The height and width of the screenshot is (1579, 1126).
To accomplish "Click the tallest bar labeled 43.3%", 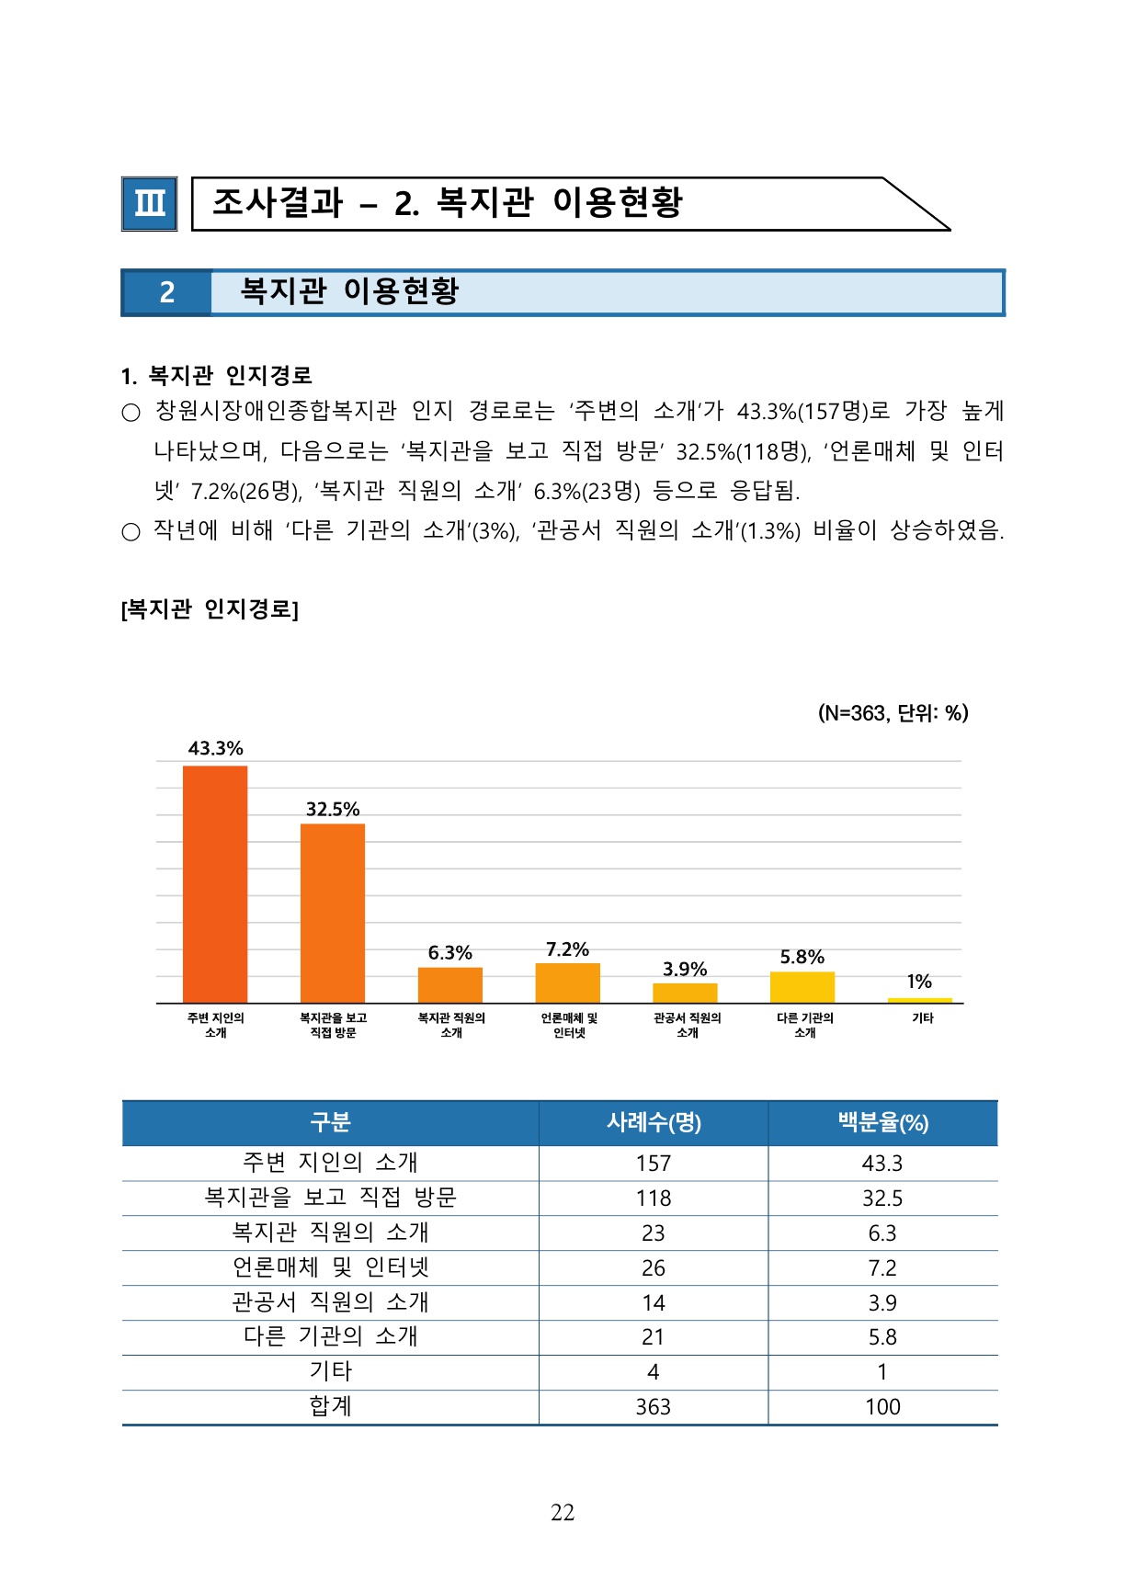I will click(215, 883).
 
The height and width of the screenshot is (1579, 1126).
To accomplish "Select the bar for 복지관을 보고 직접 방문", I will click(333, 913).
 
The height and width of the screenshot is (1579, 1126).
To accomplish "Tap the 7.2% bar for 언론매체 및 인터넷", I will click(568, 983).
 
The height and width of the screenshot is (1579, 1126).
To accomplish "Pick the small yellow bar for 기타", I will click(920, 1000).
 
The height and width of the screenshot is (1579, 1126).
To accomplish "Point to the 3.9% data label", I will click(685, 969).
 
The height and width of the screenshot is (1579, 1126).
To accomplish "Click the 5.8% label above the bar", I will click(802, 957).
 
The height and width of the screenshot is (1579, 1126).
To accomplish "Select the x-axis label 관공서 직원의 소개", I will click(687, 1025).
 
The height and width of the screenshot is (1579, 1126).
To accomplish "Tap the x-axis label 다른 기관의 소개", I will click(804, 1025).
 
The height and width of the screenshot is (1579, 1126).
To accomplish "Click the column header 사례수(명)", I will click(654, 1122).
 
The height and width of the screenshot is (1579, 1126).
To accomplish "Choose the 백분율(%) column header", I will click(882, 1122).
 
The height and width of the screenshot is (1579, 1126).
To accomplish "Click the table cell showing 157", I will click(654, 1164).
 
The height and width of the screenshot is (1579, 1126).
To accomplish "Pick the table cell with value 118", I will click(654, 1198).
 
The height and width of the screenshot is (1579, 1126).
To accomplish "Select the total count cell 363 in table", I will click(654, 1407).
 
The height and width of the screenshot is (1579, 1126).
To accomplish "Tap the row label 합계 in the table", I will click(330, 1406).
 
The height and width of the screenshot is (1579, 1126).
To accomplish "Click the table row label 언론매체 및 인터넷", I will click(330, 1267).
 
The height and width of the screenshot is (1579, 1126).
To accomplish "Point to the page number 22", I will click(563, 1513).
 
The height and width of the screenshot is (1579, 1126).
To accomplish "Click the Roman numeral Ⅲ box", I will click(150, 203).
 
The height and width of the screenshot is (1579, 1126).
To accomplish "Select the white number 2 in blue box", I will click(166, 292).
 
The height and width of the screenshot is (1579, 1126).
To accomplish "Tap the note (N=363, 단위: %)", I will click(893, 713).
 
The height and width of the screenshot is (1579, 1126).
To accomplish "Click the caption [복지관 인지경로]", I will click(210, 609).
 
